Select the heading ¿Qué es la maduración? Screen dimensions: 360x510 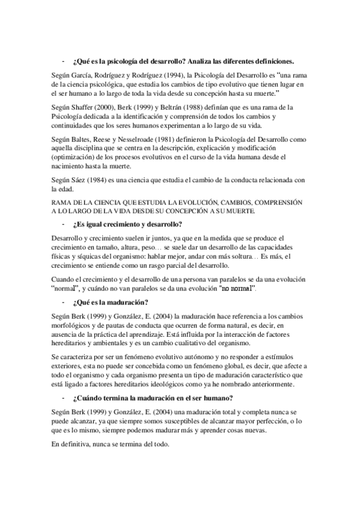(112, 302)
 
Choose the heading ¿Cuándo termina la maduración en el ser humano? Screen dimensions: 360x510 (157, 399)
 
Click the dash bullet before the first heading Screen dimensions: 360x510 (63, 61)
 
